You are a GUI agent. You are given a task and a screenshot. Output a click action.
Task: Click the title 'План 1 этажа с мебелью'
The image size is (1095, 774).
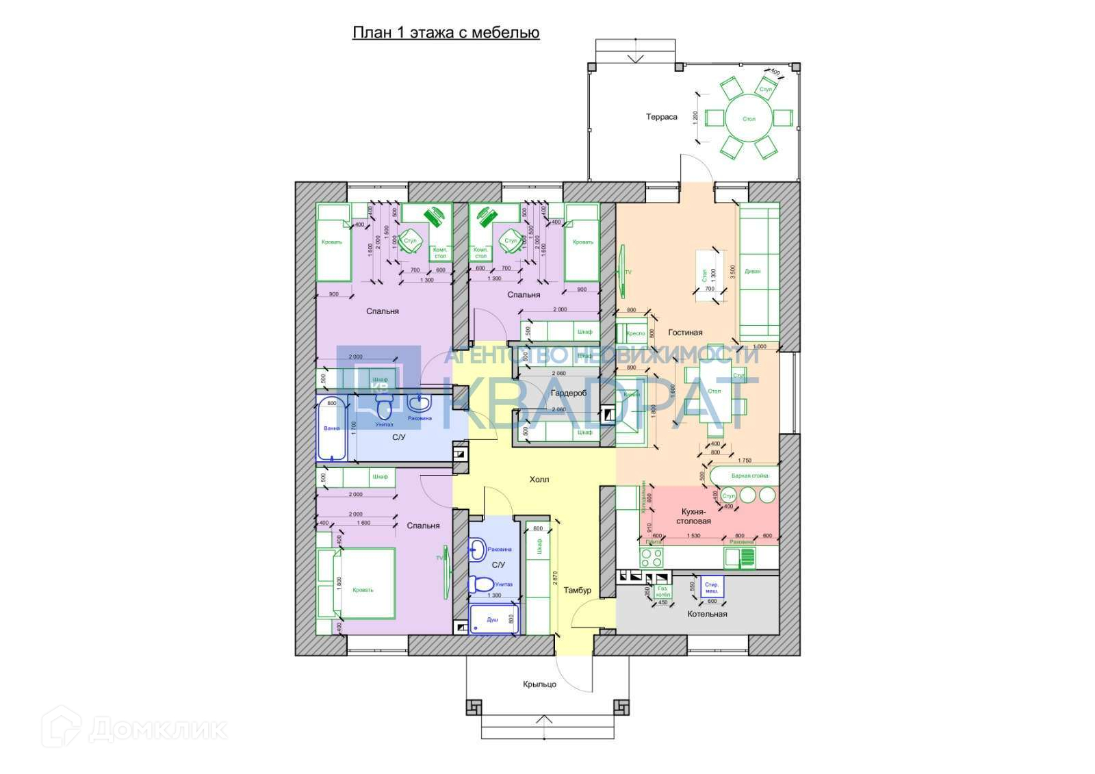(x=446, y=33)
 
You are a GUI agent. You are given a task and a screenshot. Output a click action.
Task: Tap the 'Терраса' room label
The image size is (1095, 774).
(x=661, y=117)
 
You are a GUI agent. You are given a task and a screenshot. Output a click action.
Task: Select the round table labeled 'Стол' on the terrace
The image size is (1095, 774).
(x=749, y=118)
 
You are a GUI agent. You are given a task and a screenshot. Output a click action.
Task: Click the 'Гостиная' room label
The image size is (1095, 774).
(x=685, y=333)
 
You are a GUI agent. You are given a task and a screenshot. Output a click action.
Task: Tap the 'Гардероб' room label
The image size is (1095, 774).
(x=569, y=393)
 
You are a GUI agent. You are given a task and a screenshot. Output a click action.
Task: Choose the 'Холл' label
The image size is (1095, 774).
(x=539, y=480)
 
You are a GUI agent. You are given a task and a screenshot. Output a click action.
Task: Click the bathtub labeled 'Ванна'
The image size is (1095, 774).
(x=332, y=428)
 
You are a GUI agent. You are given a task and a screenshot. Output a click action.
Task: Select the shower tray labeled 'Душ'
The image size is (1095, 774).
(x=493, y=619)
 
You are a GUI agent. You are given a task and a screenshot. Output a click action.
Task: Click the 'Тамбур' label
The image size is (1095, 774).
(x=577, y=590)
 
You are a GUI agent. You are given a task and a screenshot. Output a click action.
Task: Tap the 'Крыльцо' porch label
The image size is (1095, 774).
(x=539, y=684)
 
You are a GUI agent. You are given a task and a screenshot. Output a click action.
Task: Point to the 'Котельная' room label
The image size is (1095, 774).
(x=707, y=614)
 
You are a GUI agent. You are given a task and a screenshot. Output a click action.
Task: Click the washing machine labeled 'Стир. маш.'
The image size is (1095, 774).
(x=712, y=587)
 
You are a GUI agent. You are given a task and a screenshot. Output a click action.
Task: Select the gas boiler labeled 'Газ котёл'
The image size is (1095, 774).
(x=662, y=591)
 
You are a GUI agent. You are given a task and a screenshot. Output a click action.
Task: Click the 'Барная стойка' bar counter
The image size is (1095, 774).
(x=749, y=476)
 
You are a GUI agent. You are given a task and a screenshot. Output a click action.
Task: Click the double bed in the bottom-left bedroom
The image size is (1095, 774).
(x=363, y=589)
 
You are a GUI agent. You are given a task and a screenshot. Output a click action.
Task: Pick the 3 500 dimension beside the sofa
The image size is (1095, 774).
(x=732, y=271)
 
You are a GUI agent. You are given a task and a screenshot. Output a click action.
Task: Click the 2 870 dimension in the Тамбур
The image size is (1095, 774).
(x=555, y=581)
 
